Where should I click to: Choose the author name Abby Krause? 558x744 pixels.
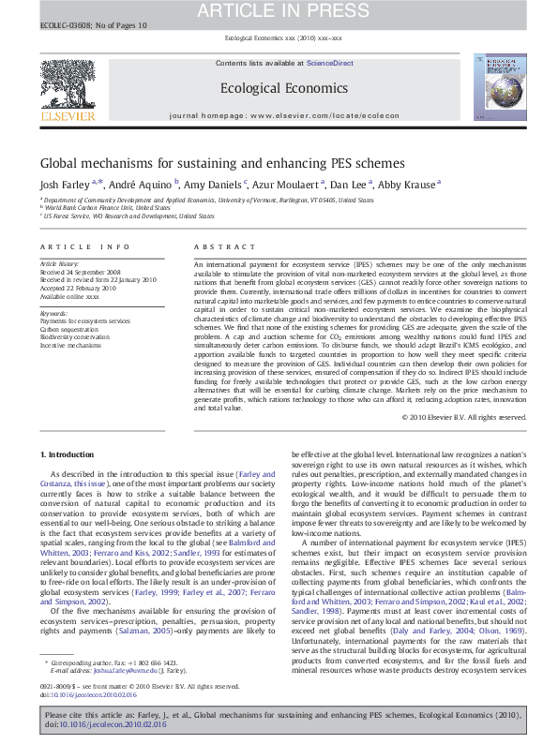coord(407,185)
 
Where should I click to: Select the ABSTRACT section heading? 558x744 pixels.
coord(217,246)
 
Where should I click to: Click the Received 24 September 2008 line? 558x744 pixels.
coord(82,273)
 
